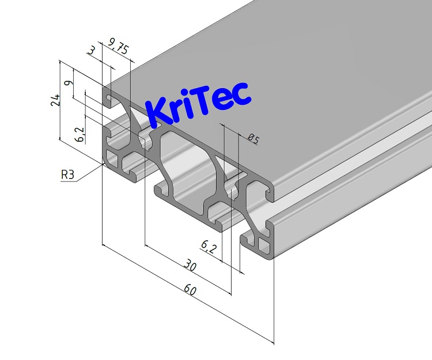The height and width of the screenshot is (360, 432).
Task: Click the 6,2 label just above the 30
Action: click(x=207, y=247)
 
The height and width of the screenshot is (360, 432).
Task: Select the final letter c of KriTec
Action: click(x=242, y=96)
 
